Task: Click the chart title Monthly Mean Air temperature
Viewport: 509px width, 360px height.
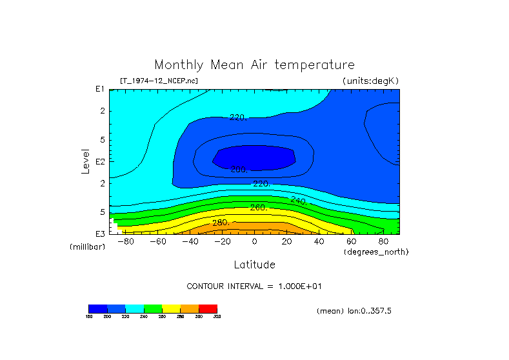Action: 254,65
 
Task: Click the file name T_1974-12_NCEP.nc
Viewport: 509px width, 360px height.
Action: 159,81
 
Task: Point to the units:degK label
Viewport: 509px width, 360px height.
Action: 371,81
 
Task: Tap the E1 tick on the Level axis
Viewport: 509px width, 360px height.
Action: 100,89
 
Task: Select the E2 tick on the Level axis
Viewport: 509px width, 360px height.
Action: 100,161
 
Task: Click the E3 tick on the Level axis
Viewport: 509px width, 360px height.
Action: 100,234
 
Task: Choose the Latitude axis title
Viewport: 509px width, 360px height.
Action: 254,265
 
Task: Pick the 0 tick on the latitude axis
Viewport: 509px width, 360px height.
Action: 254,242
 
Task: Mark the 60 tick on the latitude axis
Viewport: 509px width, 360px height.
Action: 351,242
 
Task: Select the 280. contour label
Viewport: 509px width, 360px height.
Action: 221,223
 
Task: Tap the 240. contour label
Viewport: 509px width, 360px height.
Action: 299,201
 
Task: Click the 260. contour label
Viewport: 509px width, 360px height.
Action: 259,208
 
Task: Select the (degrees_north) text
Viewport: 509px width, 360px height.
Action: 376,252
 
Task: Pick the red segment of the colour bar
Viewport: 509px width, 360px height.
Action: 208,308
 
